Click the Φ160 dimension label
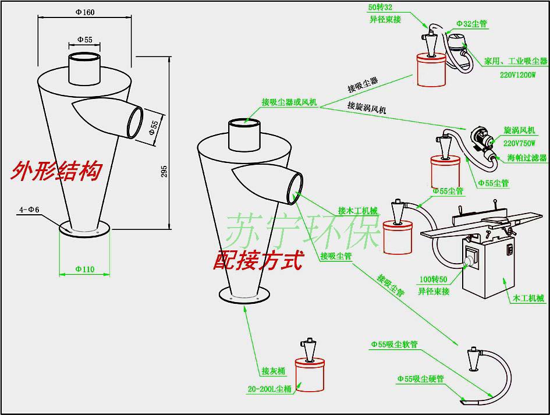[x=85, y=12]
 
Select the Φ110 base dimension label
[x=84, y=269]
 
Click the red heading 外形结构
[x=56, y=171]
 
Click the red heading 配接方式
[x=258, y=261]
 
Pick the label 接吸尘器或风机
[x=289, y=102]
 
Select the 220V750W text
[x=519, y=143]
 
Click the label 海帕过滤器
[x=527, y=158]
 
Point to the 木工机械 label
[x=528, y=298]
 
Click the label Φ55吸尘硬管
[x=420, y=379]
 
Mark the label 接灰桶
[x=273, y=371]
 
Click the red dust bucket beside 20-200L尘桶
[x=310, y=374]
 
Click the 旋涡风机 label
[x=519, y=130]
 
